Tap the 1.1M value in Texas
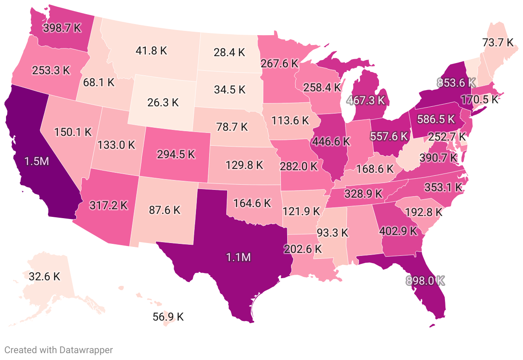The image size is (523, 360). tap(238, 257)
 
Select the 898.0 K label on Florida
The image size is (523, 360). tap(425, 281)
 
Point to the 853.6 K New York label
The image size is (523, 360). tap(456, 82)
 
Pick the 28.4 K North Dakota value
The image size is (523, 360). tap(229, 53)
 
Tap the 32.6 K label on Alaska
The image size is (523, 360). tap(45, 276)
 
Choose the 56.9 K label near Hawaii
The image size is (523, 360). tap(168, 317)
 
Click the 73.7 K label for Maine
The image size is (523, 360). tap(497, 42)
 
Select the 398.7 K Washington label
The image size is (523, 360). tap(62, 28)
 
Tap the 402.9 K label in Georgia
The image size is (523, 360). tap(398, 231)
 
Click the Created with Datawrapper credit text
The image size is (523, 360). tap(59, 350)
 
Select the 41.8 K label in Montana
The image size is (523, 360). tap(151, 50)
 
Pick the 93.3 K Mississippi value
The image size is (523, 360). tap(332, 233)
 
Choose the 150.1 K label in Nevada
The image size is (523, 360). tap(73, 132)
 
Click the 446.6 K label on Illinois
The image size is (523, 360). tap(331, 141)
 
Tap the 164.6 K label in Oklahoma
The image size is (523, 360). tap(252, 202)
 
